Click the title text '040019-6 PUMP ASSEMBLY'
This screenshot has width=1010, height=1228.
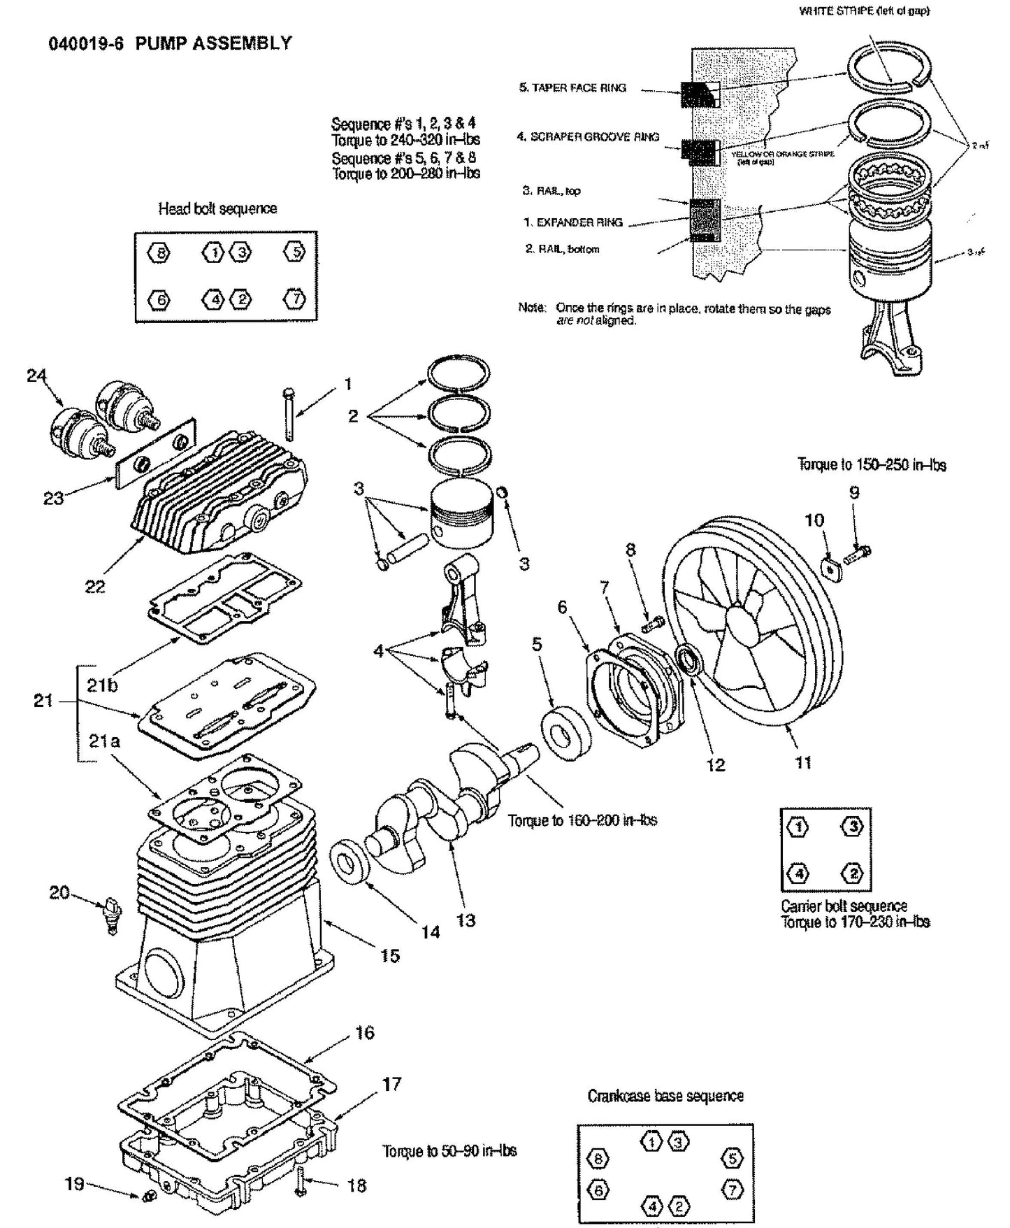point(170,43)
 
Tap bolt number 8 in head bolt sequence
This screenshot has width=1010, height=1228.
point(159,252)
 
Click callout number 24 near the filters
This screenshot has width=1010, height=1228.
point(36,376)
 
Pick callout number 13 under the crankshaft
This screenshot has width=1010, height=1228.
point(466,920)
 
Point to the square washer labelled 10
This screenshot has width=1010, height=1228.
point(829,569)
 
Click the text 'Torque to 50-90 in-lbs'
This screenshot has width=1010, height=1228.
point(449,1150)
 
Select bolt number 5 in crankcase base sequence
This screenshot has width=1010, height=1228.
point(731,1157)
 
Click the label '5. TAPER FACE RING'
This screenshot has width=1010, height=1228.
point(572,87)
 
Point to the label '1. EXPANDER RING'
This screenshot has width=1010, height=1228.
point(572,222)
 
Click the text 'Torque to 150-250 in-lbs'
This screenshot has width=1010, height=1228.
point(872,465)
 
